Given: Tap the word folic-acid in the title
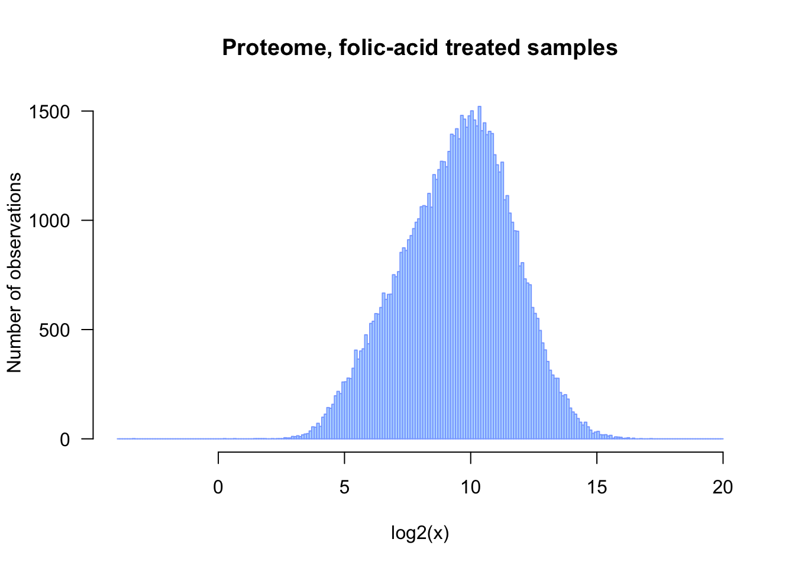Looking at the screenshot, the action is (389, 47).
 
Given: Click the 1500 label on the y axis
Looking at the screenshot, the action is (49, 112).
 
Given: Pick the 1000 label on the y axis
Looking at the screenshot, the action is (49, 221).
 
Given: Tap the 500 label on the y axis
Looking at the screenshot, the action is (54, 330).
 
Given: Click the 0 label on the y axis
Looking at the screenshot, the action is (65, 440).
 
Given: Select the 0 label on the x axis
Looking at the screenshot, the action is (218, 487).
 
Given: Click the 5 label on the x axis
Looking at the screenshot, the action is (344, 487).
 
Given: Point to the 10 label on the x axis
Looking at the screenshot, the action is (471, 487).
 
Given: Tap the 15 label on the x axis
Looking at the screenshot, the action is (597, 487).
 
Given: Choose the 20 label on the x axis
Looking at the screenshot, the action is (723, 487).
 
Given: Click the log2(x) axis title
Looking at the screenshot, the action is (420, 533).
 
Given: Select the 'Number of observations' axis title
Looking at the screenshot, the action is (14, 273).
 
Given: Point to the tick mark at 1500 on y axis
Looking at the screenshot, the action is (88, 111).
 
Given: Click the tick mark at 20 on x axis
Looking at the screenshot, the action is (723, 458).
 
